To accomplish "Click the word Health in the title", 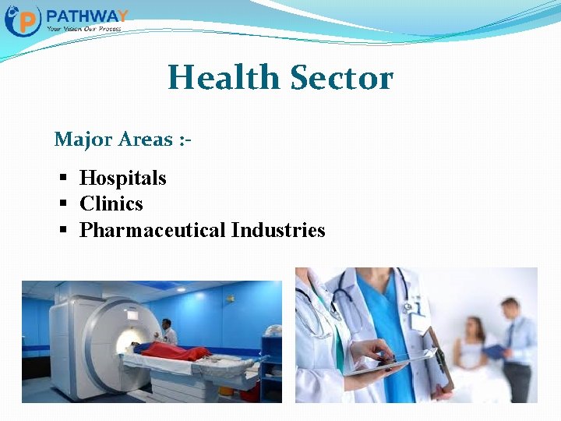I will point(224,78).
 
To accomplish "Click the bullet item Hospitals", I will point(123,178).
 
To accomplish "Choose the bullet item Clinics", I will point(111,203).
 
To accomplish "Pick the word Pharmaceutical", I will point(152,230).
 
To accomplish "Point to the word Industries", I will point(278,230).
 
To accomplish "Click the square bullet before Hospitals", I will point(64,179).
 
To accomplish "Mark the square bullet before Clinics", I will point(64,204).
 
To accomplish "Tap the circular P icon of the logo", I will point(23,20).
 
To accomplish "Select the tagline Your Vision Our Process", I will point(83,28).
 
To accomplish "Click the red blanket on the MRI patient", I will point(175,352).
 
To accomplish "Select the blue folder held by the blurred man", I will point(494,352).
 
